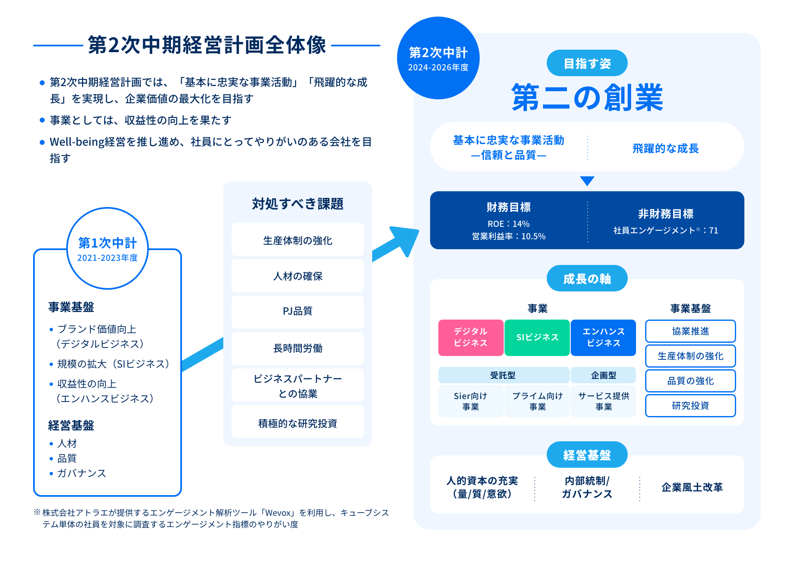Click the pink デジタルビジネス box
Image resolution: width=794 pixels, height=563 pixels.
[x=471, y=337]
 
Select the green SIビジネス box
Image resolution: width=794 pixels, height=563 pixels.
[x=537, y=337]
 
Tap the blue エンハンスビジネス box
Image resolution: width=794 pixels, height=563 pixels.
[x=603, y=337]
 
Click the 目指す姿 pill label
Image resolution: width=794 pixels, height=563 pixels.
[x=587, y=63]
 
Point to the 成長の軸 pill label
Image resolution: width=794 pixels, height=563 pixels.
[x=587, y=279]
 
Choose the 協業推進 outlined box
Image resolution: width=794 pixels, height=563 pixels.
[x=690, y=331]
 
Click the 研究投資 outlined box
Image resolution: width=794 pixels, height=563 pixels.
[x=690, y=406]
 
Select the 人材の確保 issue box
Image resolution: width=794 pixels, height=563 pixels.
[x=298, y=276]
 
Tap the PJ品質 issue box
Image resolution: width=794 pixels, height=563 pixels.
[x=298, y=311]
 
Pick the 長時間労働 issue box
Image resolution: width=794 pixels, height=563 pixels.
[x=298, y=348]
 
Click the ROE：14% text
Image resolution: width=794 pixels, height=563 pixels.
[x=508, y=224]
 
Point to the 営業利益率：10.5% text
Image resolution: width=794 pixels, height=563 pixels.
[x=508, y=236]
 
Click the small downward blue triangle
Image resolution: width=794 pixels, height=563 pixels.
[x=587, y=181]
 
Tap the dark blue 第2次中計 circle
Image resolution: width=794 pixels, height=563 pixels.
[x=438, y=58]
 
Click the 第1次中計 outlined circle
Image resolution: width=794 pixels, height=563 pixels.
[x=108, y=248]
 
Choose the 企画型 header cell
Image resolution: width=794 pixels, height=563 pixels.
[x=603, y=375]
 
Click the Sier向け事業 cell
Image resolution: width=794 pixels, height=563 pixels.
[x=471, y=401]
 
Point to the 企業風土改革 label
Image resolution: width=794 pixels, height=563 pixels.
[x=692, y=487]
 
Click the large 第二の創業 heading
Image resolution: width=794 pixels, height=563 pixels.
[x=587, y=98]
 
